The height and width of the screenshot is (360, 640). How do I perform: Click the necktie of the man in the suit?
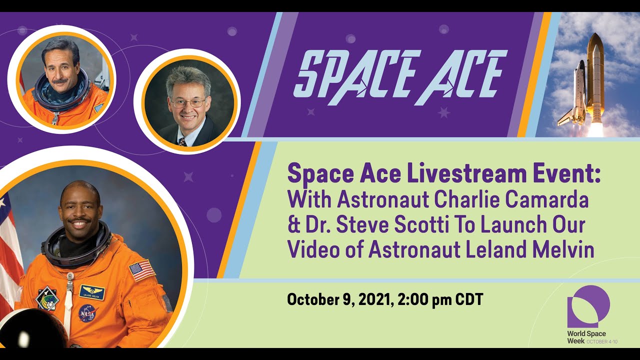tap(183, 141)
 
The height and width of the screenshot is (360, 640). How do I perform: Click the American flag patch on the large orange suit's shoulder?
tap(142, 270)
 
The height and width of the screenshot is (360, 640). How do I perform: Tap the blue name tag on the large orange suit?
tap(92, 292)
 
